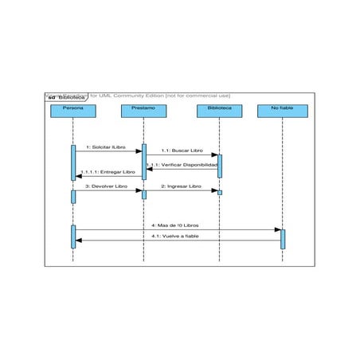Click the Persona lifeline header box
(x=72, y=111)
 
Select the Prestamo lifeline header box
(x=144, y=111)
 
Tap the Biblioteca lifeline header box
(x=220, y=111)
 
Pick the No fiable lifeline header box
(x=282, y=111)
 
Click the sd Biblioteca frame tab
(x=66, y=97)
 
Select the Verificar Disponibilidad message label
(x=182, y=165)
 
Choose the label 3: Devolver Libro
(x=107, y=186)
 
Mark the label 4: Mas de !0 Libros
(x=176, y=225)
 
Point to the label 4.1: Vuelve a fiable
(x=176, y=236)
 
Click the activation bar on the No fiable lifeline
(x=283, y=238)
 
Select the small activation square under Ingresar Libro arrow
(x=220, y=192)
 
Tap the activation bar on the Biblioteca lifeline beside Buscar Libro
(x=220, y=165)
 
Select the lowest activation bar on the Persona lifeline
(x=72, y=235)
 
